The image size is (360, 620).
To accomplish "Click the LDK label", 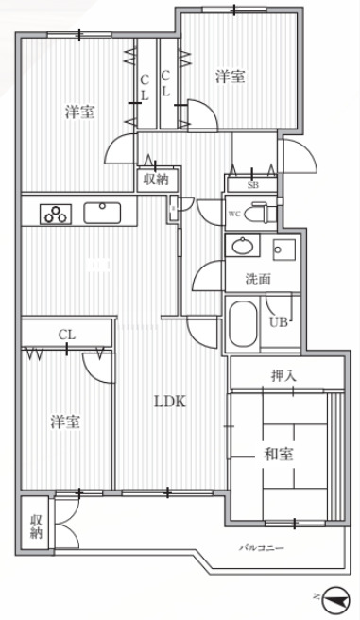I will tap(171, 401).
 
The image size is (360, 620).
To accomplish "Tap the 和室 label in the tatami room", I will tap(279, 455).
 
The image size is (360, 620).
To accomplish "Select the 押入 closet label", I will tap(284, 376).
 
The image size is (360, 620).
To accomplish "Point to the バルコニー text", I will tap(261, 548).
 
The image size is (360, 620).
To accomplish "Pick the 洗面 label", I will tap(258, 279).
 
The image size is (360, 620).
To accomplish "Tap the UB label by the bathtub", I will tap(279, 321).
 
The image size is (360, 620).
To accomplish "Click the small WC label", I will tap(232, 215).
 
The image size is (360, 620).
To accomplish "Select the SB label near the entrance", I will tap(252, 185).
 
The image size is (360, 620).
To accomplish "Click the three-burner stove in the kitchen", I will tap(56, 214).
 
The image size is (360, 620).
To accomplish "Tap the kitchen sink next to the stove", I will tap(99, 213).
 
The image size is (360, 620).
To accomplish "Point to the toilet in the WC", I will tap(264, 213).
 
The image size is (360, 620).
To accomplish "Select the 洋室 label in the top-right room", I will tap(230, 77).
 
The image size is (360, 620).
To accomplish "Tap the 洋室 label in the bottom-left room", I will tap(66, 421).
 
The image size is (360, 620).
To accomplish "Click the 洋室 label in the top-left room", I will tap(79, 112).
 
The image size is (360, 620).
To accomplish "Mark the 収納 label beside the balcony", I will tap(36, 527).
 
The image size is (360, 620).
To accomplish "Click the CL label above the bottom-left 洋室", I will tap(66, 334).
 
